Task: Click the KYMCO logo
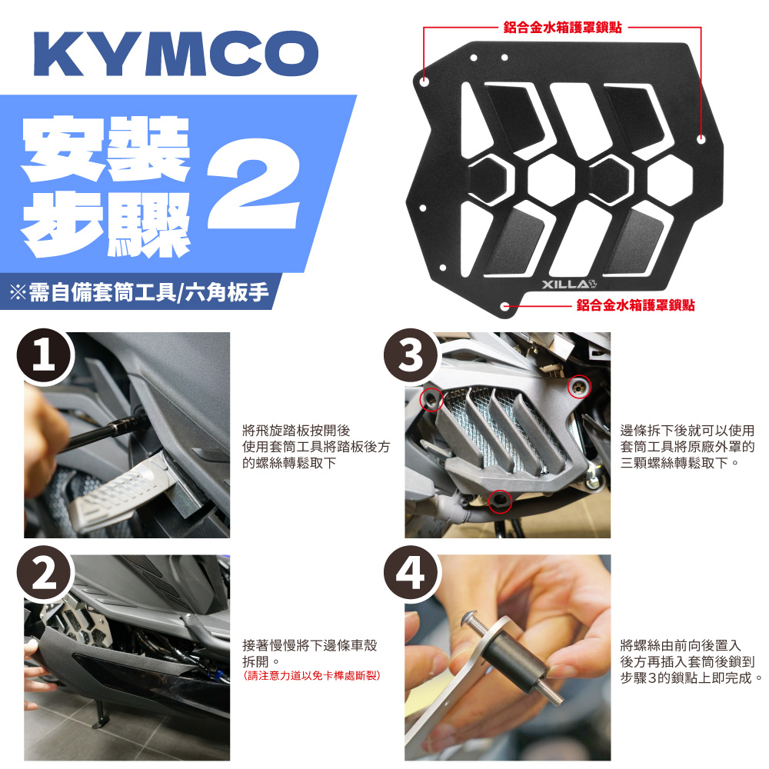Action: tap(176, 54)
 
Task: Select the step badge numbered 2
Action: tap(45, 574)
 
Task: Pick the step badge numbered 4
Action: tap(411, 574)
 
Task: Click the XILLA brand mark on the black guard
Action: tap(569, 285)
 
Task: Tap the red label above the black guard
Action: tap(563, 28)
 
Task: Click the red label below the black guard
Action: tap(636, 305)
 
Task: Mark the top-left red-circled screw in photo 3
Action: tap(431, 400)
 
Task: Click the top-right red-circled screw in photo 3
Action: tap(579, 388)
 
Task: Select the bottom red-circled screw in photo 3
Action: tap(500, 501)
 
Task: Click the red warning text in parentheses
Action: tap(311, 675)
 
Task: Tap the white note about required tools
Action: tap(139, 292)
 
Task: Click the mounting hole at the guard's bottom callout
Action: tap(505, 307)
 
